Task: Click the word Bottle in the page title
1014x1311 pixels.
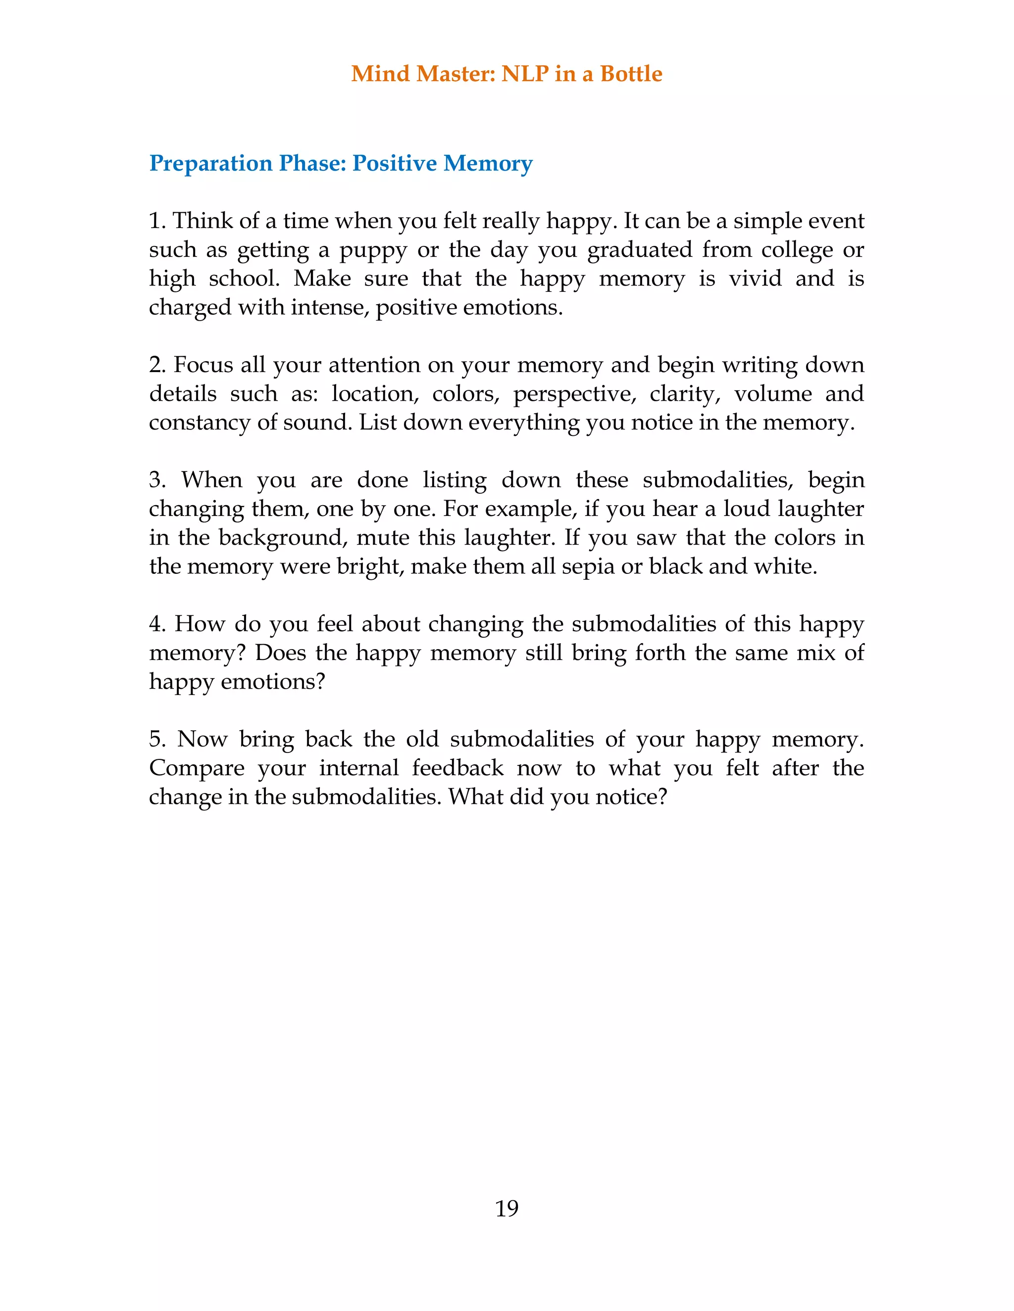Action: [x=631, y=74]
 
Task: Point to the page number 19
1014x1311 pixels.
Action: [x=507, y=1209]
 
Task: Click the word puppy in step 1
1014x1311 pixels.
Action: [x=373, y=251]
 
